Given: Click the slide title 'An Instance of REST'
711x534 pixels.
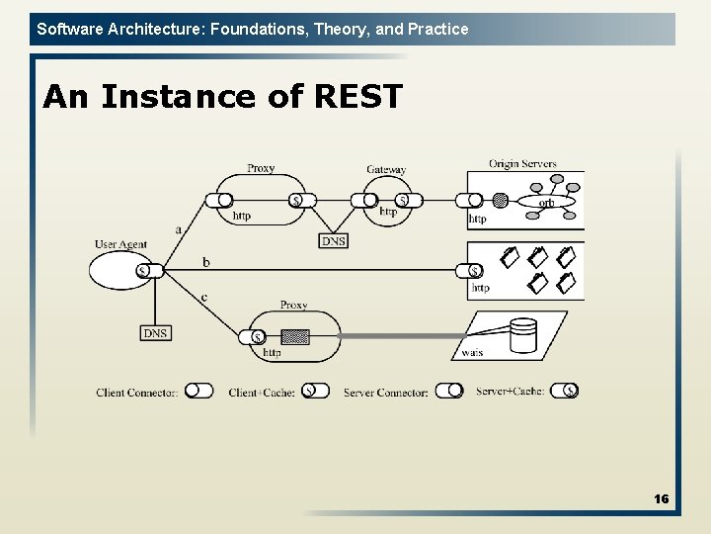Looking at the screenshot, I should point(223,97).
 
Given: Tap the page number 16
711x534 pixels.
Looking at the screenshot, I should point(661,498).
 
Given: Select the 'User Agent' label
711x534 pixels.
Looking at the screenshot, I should point(120,244).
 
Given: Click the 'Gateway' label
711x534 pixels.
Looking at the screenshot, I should point(386,170).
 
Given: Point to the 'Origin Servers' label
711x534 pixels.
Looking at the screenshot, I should point(522,164).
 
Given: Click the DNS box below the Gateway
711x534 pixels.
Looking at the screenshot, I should point(334,240).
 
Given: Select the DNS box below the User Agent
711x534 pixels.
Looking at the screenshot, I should point(155,333).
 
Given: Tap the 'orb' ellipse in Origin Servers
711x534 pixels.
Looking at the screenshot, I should point(545,202).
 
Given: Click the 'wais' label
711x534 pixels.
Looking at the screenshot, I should point(472,352).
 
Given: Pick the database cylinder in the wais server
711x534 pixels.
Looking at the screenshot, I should point(522,335).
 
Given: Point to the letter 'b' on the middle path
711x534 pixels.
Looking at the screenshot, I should point(205,262).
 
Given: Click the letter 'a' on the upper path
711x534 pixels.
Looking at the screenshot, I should point(178,229).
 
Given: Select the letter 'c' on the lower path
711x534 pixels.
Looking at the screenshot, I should point(203,297).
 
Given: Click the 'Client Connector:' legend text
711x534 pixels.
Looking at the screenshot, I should point(137,393).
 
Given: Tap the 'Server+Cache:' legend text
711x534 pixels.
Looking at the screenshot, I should point(510,392).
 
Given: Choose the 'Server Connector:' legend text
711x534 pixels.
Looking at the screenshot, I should point(386,393).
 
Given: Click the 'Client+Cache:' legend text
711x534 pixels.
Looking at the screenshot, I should point(262,393).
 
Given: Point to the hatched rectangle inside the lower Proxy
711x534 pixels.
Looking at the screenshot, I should point(294,336).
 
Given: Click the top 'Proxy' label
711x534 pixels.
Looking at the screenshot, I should point(261,168).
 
